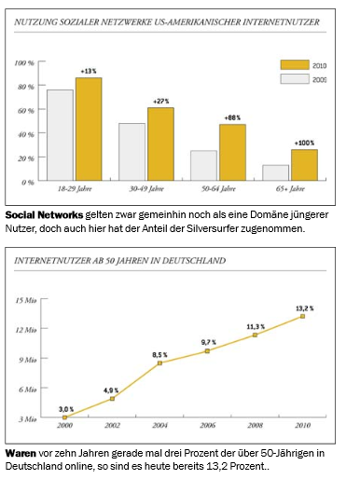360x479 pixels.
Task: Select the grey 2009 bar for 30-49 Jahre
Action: [132, 152]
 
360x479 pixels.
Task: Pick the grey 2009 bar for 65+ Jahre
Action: [275, 172]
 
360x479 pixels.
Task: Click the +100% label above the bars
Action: [304, 143]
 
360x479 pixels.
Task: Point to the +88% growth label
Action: [232, 117]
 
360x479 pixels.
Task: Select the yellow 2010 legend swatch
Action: [295, 65]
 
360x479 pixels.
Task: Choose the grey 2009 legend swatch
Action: [295, 81]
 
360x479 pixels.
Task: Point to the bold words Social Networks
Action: [43, 215]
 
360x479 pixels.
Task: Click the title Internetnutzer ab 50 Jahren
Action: [119, 262]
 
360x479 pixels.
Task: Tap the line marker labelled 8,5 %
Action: [159, 363]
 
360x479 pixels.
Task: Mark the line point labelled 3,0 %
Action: [64, 417]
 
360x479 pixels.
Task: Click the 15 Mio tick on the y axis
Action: [25, 300]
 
